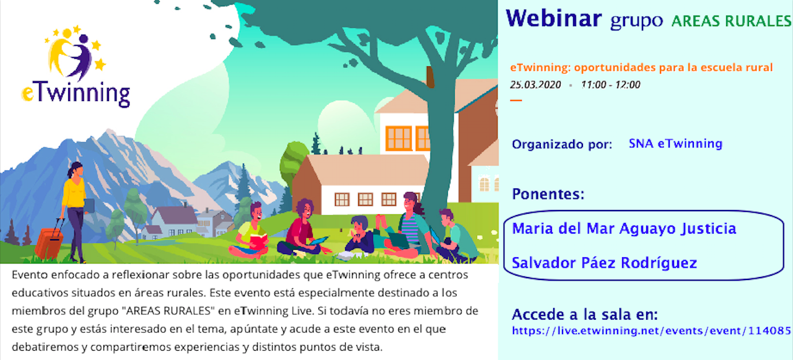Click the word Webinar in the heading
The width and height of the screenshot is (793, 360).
coord(554,19)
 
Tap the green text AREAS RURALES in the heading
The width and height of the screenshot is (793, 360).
coord(732,21)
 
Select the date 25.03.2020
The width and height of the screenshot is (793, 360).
coord(535,85)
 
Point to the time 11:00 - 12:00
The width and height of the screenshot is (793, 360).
coord(611,85)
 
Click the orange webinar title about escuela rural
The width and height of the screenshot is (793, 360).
coord(641,68)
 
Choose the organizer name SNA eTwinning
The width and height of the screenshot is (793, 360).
coord(675,143)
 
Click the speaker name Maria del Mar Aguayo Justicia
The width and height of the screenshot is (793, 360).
coord(624,229)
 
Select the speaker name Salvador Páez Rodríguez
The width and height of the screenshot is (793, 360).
coord(604,263)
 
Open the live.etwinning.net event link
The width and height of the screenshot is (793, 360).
coord(651,331)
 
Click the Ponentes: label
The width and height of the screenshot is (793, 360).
coord(548,194)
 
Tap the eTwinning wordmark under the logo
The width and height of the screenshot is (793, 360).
coord(76,94)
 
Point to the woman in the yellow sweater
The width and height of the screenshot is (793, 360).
coord(75,212)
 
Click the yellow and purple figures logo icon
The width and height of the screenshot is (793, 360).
coord(75,53)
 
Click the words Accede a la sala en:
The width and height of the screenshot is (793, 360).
coord(585,314)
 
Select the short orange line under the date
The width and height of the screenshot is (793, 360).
coord(516,100)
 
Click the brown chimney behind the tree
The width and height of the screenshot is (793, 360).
coord(430,77)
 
